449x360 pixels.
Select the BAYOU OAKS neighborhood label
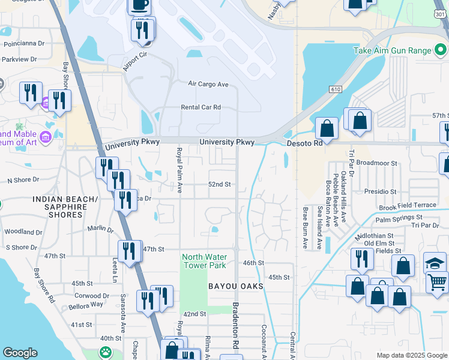point(236,287)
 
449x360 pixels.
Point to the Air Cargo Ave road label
point(208,85)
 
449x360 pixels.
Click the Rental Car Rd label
point(201,107)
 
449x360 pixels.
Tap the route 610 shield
point(335,89)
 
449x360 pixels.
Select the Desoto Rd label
point(304,143)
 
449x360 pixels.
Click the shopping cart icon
point(438,280)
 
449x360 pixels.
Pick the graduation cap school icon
point(435,262)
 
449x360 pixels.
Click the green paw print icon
point(106,352)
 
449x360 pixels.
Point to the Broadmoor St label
point(377,163)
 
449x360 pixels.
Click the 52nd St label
point(219,185)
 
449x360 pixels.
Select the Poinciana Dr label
point(24,43)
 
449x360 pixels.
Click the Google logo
point(20,353)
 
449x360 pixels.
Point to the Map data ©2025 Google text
point(411,355)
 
